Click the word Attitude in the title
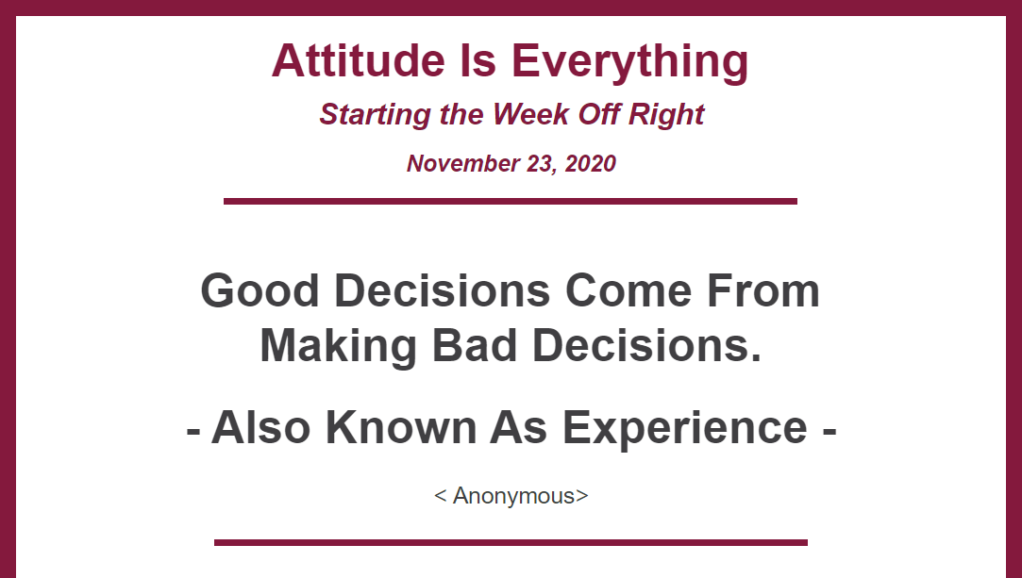(358, 60)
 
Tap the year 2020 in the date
(590, 163)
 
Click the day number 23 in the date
(542, 163)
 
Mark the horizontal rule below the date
(511, 201)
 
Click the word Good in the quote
(260, 290)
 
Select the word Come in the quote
(628, 290)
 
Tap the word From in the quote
(763, 290)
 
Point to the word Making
(338, 346)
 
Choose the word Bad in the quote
(475, 345)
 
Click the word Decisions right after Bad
(646, 345)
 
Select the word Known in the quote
(401, 428)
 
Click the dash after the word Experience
(829, 431)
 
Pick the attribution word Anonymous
(513, 496)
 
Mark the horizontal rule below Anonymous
(511, 542)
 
